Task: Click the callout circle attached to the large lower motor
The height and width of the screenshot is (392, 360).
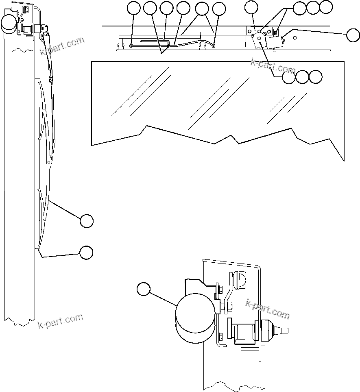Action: (x=143, y=289)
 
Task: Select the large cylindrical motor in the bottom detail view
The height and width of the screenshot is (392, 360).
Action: (x=194, y=320)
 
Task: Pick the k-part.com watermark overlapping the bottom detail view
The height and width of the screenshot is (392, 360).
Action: (x=268, y=309)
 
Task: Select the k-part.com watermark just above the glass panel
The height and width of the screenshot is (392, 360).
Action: (x=273, y=66)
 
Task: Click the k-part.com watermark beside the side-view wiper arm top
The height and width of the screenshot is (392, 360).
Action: (x=62, y=46)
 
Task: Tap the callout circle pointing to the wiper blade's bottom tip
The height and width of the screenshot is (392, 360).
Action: (x=86, y=252)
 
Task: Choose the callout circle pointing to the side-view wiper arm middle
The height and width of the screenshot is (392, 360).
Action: (x=86, y=221)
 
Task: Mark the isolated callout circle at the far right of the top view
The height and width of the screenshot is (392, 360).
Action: (x=353, y=35)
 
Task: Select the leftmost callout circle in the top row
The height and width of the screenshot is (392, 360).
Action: (x=133, y=8)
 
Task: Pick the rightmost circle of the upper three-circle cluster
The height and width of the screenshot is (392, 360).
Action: (x=325, y=7)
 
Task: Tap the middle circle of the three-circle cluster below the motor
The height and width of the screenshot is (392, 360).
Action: (x=302, y=77)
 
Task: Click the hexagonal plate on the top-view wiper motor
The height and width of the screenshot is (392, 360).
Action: (x=259, y=37)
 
